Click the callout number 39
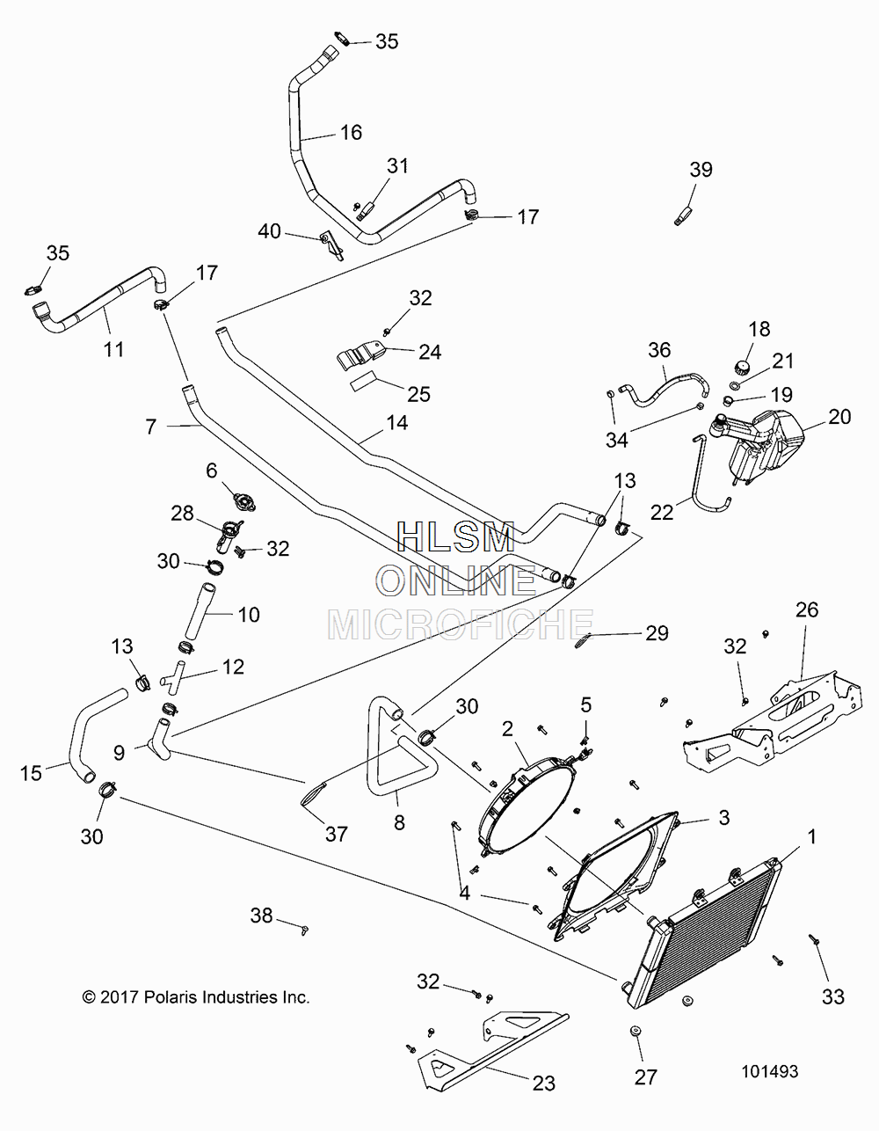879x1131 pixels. point(701,170)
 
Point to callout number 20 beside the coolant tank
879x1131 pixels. point(839,417)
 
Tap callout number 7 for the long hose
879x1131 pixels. point(151,427)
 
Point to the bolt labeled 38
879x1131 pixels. point(305,929)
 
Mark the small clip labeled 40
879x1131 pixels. point(332,244)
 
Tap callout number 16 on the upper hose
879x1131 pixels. point(351,132)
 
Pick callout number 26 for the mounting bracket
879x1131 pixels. point(807,609)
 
